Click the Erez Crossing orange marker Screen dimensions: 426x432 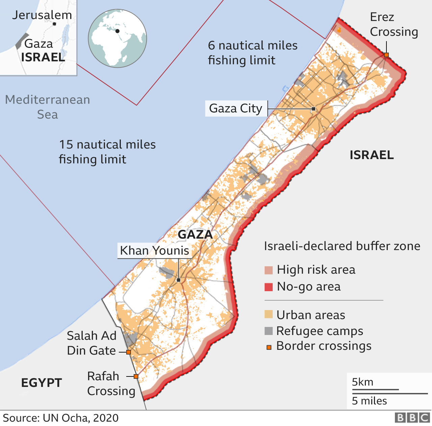[x=386, y=55]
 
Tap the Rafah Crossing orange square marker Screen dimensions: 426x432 [x=136, y=376]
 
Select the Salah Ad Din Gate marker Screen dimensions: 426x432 [x=129, y=352]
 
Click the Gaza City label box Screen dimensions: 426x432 [x=236, y=109]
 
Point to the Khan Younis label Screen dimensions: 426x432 [x=155, y=251]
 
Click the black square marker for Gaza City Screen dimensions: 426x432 [x=314, y=109]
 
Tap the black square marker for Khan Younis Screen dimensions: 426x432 [x=179, y=280]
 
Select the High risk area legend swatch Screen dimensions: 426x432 [x=269, y=270]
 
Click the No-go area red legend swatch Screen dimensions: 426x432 [x=269, y=287]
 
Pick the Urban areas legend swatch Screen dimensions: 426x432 [x=269, y=314]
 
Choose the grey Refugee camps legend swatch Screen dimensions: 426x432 [x=269, y=331]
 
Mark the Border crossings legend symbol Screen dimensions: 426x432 [x=269, y=347]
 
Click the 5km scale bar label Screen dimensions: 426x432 [x=362, y=382]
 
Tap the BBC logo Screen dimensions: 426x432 [x=412, y=418]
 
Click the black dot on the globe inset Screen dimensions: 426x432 [x=117, y=31]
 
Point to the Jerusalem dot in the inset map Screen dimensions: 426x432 [x=54, y=24]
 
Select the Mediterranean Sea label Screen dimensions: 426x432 [x=48, y=107]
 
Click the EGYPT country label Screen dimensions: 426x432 [x=42, y=383]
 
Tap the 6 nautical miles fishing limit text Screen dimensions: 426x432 [x=252, y=53]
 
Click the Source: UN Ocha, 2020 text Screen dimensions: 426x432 [x=61, y=418]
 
